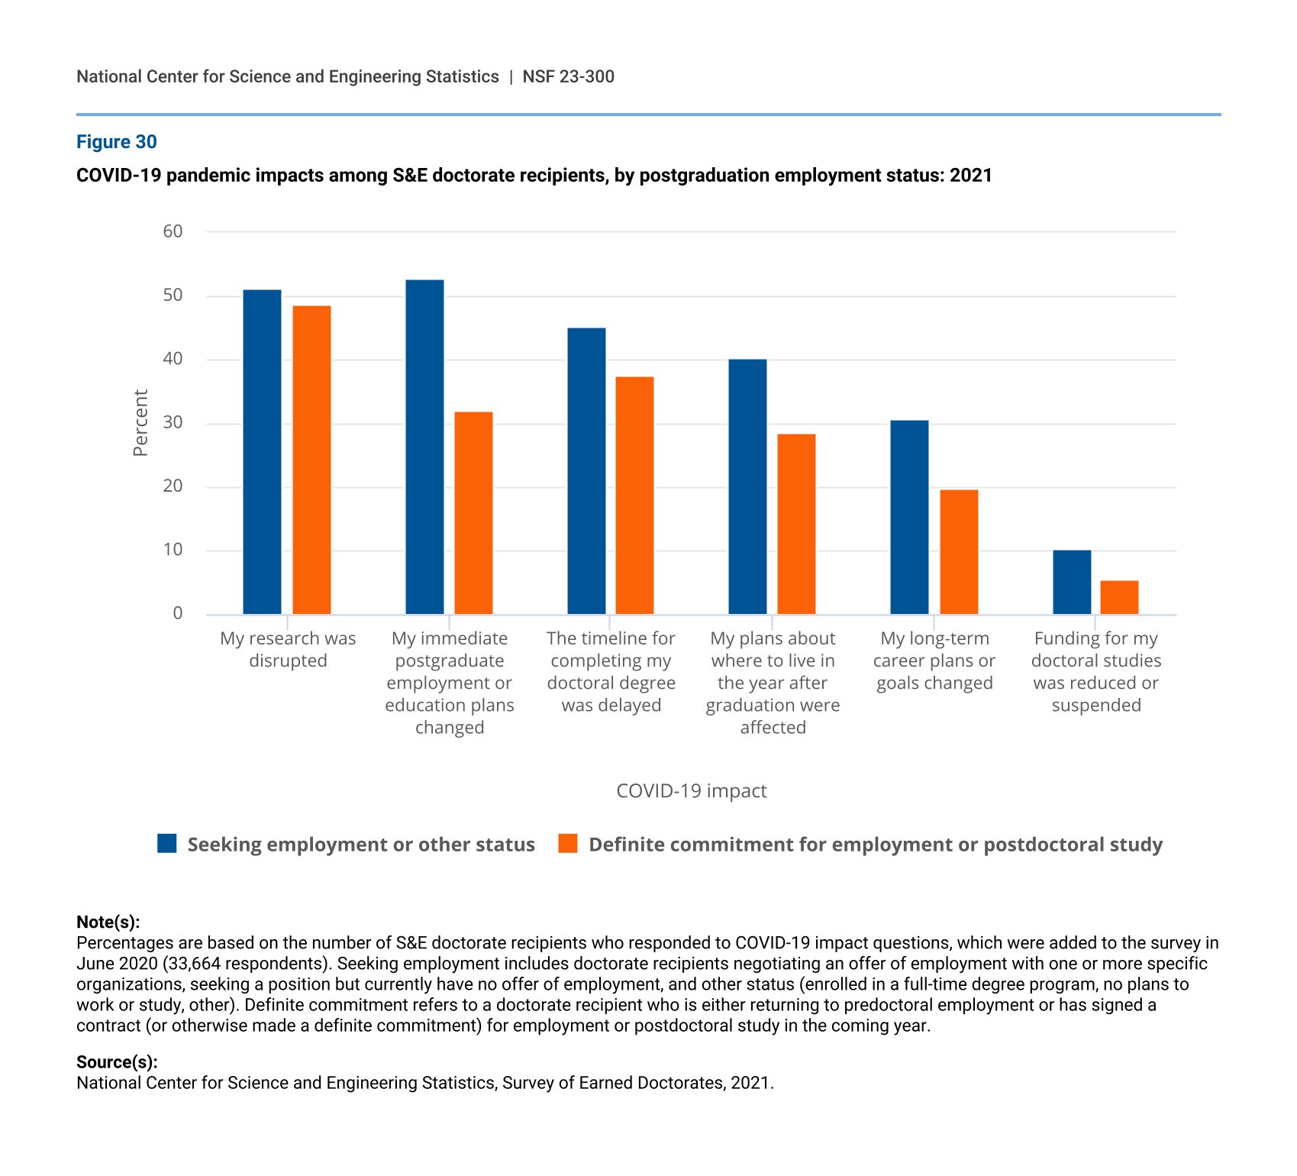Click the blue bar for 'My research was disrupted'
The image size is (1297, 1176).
pos(262,452)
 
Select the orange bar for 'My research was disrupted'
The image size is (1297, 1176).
pos(311,460)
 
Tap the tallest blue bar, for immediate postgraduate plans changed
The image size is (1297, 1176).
pos(424,447)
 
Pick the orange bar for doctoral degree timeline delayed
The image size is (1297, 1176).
pos(634,496)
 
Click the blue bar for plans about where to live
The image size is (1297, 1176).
pos(747,486)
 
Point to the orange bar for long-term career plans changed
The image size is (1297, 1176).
pos(959,552)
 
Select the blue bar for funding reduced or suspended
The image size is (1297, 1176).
pos(1072,582)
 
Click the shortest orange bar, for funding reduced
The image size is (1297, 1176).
pos(1119,597)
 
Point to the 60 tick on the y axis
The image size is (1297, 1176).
pos(173,231)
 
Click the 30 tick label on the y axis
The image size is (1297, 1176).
pos(173,422)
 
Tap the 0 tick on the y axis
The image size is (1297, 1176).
pos(178,613)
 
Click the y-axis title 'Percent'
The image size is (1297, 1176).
pos(140,423)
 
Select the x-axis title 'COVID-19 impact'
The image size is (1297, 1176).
pos(692,790)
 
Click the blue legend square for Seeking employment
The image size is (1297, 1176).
pos(167,843)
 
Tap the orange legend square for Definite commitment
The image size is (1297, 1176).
pos(568,843)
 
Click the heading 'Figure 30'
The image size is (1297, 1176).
pos(117,142)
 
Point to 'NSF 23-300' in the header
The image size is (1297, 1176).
pos(569,76)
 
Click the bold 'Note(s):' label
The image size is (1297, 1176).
pos(108,922)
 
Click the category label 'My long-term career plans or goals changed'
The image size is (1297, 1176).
pos(934,661)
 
